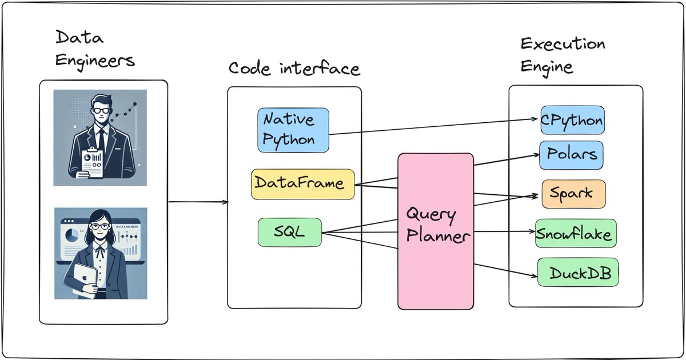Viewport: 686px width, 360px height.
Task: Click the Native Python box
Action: coord(293,130)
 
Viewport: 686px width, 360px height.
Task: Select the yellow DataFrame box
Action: coord(302,184)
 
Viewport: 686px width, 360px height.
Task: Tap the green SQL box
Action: coord(289,232)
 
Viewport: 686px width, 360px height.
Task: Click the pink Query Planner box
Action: coord(436,231)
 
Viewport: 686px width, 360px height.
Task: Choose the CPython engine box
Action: coord(571,121)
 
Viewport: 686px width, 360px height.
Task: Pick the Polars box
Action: coord(571,155)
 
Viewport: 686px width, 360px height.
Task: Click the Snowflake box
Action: coord(576,233)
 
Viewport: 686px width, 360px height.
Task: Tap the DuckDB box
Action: coord(579,273)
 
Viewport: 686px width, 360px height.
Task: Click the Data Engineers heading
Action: coord(95,49)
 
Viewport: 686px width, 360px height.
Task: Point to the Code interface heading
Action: coord(294,69)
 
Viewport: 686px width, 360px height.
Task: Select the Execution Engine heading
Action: coord(562,55)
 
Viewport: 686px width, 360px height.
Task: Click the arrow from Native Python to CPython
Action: coord(434,127)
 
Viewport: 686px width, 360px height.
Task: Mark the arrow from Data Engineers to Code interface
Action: coord(197,202)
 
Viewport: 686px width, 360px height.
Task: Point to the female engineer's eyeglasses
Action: coord(99,226)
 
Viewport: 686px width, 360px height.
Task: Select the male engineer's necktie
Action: coord(101,137)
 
